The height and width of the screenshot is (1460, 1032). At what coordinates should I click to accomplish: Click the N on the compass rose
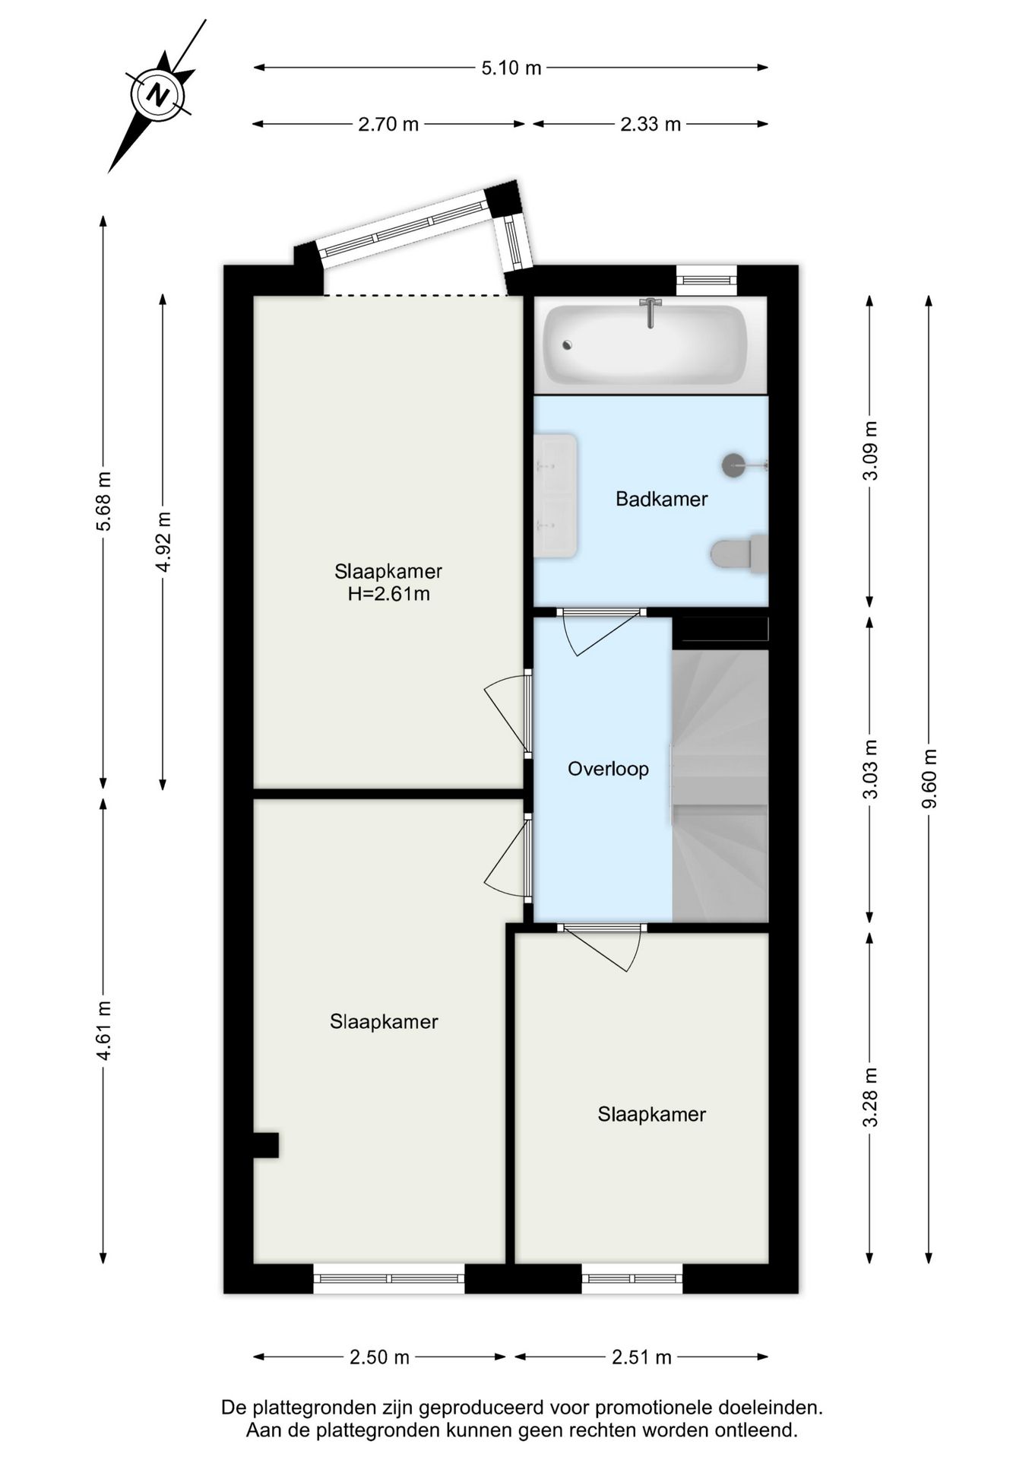158,96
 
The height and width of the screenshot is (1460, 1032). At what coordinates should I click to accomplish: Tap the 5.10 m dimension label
511,68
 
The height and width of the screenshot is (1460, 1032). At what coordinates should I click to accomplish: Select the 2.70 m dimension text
388,124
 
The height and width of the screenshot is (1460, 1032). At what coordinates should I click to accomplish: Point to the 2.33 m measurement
651,124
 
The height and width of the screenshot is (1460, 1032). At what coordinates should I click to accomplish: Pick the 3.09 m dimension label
871,450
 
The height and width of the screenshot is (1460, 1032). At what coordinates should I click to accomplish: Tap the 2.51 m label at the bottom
642,1357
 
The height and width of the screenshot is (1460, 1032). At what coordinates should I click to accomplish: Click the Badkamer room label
662,499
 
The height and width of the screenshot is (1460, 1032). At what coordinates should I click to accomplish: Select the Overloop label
609,769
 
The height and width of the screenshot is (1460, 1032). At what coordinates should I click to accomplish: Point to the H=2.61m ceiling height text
389,594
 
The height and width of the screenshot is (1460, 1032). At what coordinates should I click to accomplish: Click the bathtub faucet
651,312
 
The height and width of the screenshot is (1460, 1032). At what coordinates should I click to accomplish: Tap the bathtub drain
567,344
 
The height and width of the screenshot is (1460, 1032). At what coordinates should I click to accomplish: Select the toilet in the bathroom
739,554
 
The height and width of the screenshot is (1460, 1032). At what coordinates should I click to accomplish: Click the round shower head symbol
734,465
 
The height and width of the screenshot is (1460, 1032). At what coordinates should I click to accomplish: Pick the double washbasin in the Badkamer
556,496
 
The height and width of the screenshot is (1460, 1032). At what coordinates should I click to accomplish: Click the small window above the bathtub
707,280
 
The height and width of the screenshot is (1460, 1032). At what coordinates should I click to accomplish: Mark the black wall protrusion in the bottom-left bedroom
266,1145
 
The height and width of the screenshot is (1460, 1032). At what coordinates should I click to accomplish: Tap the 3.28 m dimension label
871,1097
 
